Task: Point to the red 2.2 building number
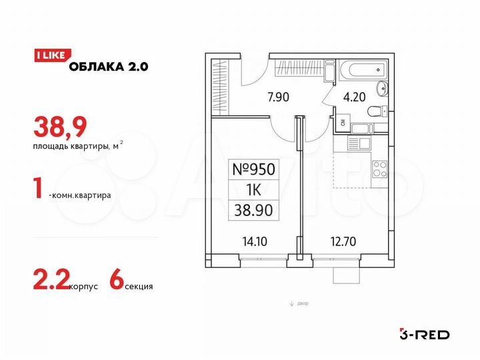(x=49, y=283)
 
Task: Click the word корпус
(x=83, y=287)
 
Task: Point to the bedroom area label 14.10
(x=255, y=242)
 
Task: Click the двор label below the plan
(x=301, y=304)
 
